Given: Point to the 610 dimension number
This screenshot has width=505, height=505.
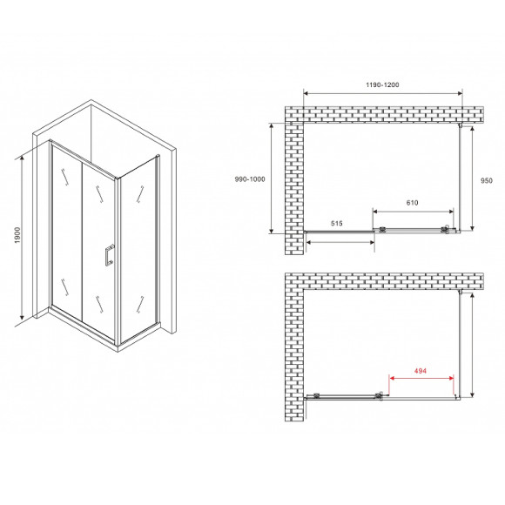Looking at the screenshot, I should [413, 203].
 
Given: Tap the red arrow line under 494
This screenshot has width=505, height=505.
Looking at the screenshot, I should [422, 380].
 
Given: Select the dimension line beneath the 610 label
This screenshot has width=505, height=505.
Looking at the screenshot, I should [413, 212].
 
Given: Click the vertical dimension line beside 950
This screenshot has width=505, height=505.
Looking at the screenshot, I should [473, 178].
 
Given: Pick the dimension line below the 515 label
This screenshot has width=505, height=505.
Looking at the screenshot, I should [340, 235].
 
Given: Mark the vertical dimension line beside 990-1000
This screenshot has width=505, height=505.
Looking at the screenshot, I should [273, 178].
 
